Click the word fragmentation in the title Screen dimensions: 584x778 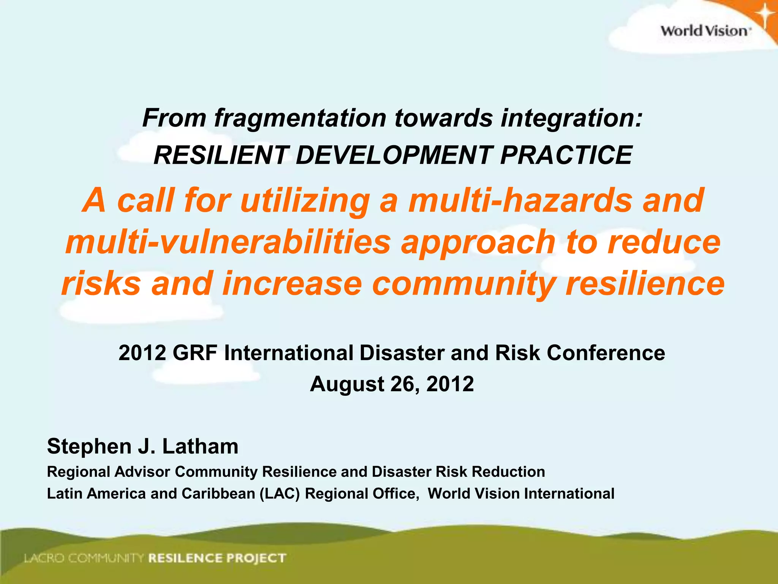300,118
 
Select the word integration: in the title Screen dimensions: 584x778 572,118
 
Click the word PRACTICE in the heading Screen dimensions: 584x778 566,155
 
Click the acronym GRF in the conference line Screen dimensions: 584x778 195,353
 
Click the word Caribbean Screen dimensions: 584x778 218,494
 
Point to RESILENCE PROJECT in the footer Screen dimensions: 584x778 217,558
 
